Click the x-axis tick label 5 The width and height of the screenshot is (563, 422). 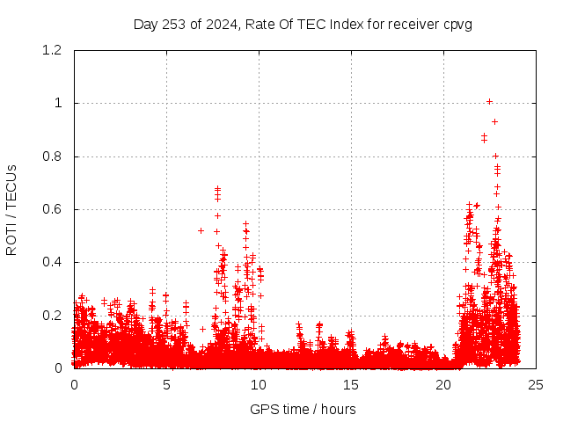point(166,384)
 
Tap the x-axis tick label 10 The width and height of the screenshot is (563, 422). point(259,384)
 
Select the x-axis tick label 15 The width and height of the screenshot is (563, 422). point(351,384)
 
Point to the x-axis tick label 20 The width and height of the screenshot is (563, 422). point(443,384)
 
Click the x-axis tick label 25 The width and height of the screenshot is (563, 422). point(536,384)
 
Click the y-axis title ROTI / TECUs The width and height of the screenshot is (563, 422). point(12,209)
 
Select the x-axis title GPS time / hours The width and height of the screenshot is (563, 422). point(303,409)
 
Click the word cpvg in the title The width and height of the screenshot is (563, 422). point(457,24)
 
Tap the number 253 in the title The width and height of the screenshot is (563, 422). point(178,24)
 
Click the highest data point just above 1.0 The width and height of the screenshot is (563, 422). point(489,101)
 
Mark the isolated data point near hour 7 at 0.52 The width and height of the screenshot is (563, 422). point(201,230)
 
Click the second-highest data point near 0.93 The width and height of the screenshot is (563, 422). point(494,121)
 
